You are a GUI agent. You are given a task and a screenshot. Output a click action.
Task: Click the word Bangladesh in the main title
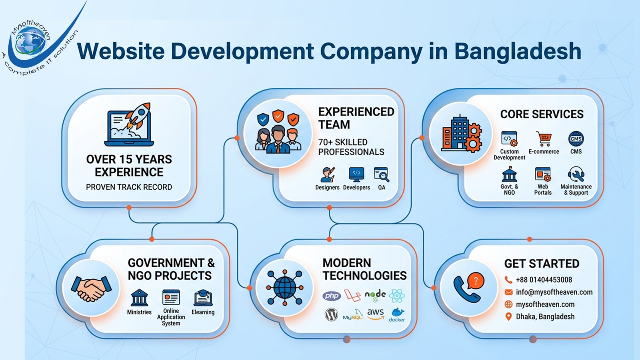tap(518, 52)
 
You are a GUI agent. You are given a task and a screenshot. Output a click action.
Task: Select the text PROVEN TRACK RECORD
tap(129, 187)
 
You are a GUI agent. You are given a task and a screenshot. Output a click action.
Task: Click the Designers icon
tap(327, 175)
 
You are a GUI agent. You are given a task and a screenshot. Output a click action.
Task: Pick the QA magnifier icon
tap(381, 175)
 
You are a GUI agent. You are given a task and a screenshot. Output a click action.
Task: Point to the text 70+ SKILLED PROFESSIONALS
tap(351, 147)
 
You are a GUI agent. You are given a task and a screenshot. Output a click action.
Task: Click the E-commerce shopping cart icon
tap(544, 139)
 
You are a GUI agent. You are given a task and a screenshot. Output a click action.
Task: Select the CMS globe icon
tap(576, 139)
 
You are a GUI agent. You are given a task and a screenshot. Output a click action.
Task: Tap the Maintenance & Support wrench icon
tap(576, 175)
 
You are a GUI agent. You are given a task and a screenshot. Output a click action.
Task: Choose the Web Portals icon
tap(543, 175)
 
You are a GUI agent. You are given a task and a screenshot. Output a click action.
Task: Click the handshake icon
tap(91, 288)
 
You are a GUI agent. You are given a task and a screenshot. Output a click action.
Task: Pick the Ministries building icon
tap(139, 298)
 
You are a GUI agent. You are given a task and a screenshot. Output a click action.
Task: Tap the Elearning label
tap(203, 312)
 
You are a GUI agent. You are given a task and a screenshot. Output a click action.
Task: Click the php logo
tap(332, 296)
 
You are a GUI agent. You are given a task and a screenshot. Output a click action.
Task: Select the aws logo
tap(375, 314)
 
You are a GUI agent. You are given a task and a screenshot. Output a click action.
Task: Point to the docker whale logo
tap(397, 314)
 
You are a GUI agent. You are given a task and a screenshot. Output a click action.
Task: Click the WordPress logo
tap(331, 315)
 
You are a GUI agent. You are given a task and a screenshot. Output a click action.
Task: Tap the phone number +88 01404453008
tap(544, 280)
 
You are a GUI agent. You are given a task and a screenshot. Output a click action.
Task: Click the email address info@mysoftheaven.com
tap(554, 292)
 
